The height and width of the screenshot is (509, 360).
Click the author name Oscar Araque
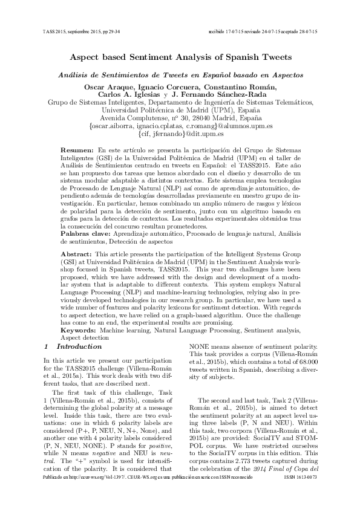click(104, 88)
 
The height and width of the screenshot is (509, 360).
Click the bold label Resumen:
click(77, 149)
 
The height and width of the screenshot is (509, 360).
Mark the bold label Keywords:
click(80, 331)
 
